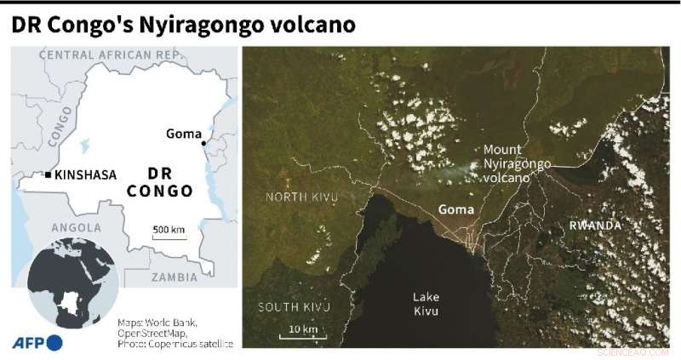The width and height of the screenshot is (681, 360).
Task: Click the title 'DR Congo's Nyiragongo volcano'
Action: (183, 24)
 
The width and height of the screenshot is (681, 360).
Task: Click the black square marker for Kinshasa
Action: (48, 174)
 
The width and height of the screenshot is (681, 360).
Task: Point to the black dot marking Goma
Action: (204, 144)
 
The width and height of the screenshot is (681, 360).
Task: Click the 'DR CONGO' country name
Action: (160, 181)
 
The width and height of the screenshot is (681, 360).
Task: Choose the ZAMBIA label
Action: (174, 277)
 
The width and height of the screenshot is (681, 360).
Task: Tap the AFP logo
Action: (37, 342)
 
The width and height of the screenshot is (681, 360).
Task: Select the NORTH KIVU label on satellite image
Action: (300, 197)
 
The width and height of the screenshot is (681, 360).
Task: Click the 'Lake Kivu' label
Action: (426, 304)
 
